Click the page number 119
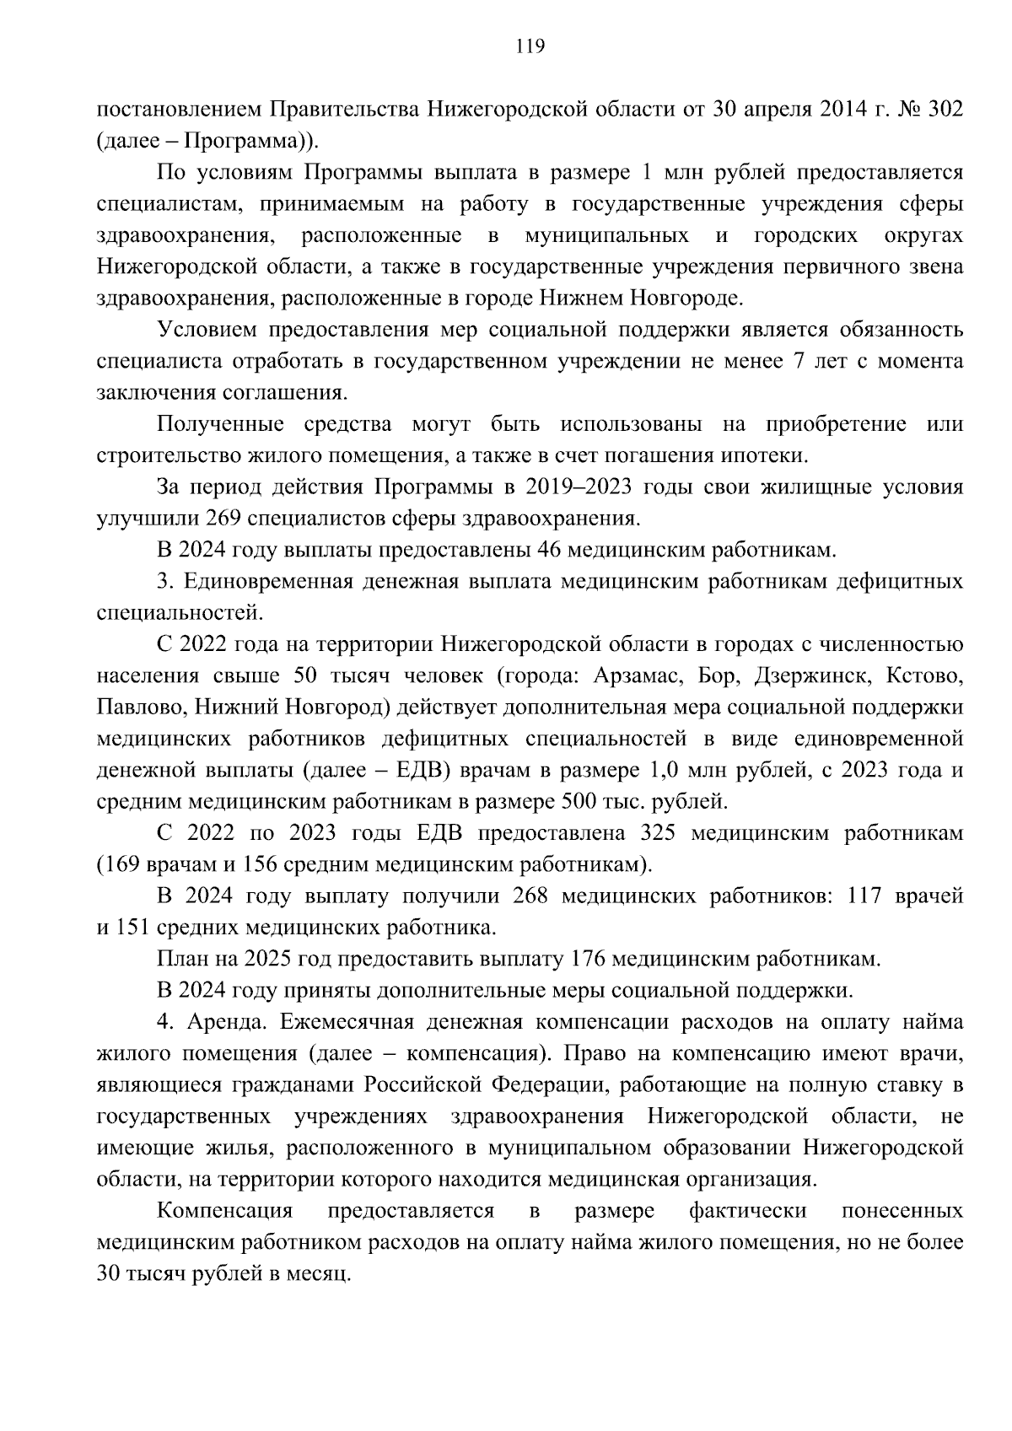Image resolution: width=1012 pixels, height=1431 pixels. pyautogui.click(x=530, y=46)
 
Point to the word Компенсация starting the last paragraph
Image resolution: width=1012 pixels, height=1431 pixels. pyautogui.click(x=224, y=1212)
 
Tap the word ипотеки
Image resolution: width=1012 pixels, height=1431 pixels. pyautogui.click(x=770, y=456)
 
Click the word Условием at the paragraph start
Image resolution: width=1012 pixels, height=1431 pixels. pyautogui.click(x=210, y=330)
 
